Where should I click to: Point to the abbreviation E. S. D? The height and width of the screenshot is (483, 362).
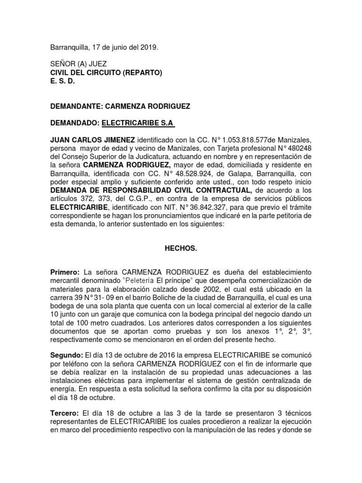(x=63, y=81)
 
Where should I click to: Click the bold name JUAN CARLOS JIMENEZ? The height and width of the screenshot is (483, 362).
(x=92, y=141)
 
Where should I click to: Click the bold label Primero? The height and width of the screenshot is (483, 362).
(x=66, y=272)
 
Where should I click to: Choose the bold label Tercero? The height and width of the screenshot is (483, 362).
(x=66, y=413)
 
